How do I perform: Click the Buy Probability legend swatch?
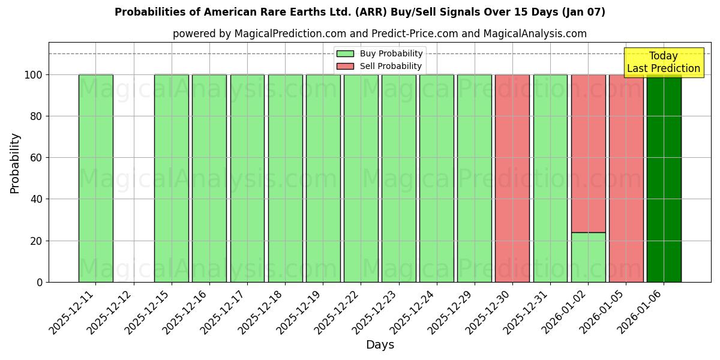pos(345,54)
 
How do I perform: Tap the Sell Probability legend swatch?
pos(345,66)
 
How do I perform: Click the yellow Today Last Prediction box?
pos(664,62)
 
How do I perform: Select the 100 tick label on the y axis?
pos(33,75)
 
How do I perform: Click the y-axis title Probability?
pos(15,163)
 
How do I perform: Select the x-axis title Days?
pos(380,345)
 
